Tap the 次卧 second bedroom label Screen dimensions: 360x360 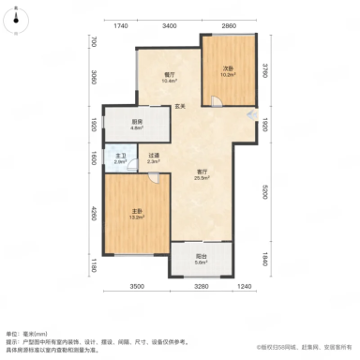click(x=228, y=68)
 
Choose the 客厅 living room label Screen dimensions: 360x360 click(x=202, y=173)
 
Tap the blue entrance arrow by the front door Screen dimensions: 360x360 click(x=250, y=114)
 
